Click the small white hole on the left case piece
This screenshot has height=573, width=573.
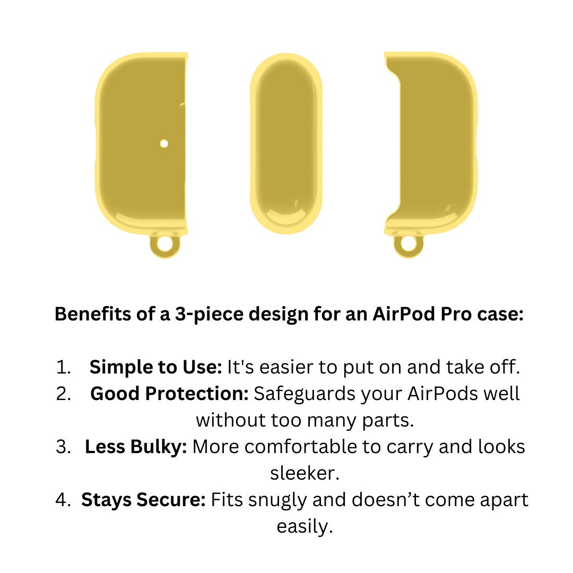tap(164, 144)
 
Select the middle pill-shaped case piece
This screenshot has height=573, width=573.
tap(286, 144)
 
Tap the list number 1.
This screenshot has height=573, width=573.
tap(63, 367)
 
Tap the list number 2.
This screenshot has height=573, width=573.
tap(63, 394)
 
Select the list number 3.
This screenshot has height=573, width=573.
tap(63, 447)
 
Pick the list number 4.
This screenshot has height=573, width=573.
tap(63, 500)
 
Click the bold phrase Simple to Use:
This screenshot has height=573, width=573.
tap(155, 367)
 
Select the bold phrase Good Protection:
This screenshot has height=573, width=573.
tap(170, 394)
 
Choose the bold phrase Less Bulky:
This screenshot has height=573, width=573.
tap(136, 447)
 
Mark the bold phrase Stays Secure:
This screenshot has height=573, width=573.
tap(144, 500)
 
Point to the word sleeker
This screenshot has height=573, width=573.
tap(305, 473)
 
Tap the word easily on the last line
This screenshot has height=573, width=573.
tap(305, 527)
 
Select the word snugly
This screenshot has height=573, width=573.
tap(279, 500)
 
